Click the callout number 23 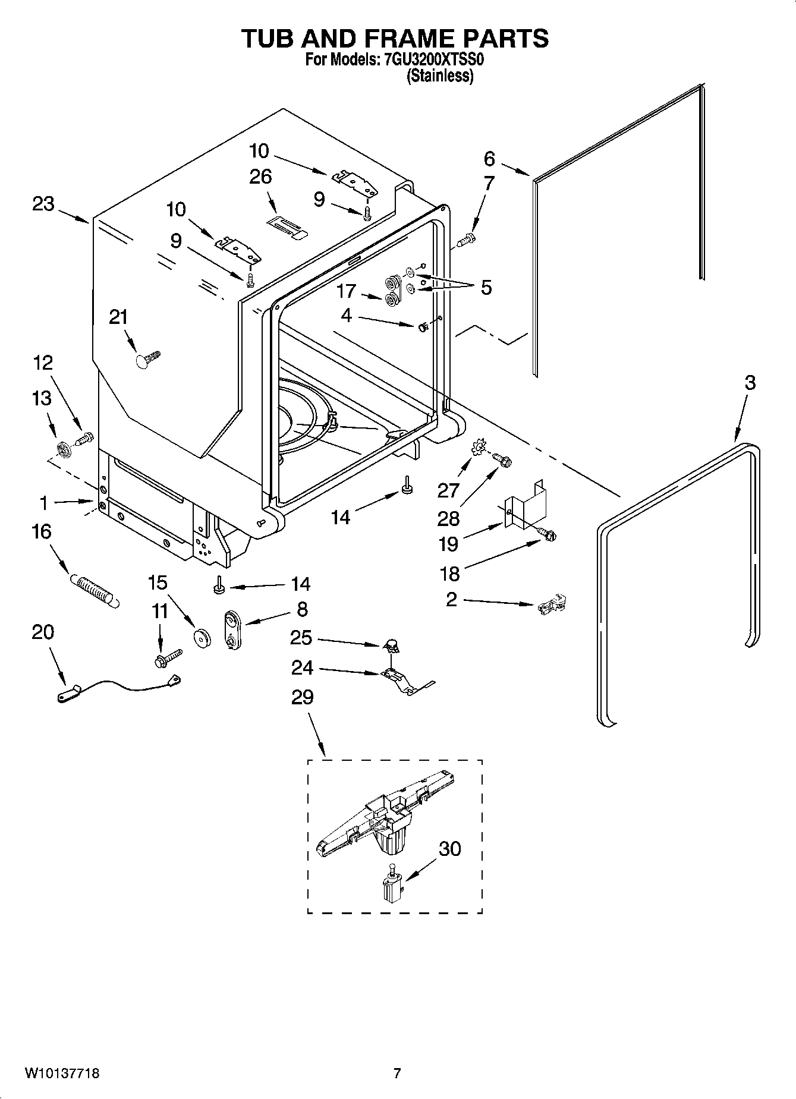click(x=43, y=204)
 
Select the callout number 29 click(x=302, y=697)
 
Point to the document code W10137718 click(x=62, y=1073)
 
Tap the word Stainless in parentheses click(x=440, y=76)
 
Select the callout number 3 click(x=750, y=383)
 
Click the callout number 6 click(x=489, y=159)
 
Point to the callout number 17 click(x=346, y=291)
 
